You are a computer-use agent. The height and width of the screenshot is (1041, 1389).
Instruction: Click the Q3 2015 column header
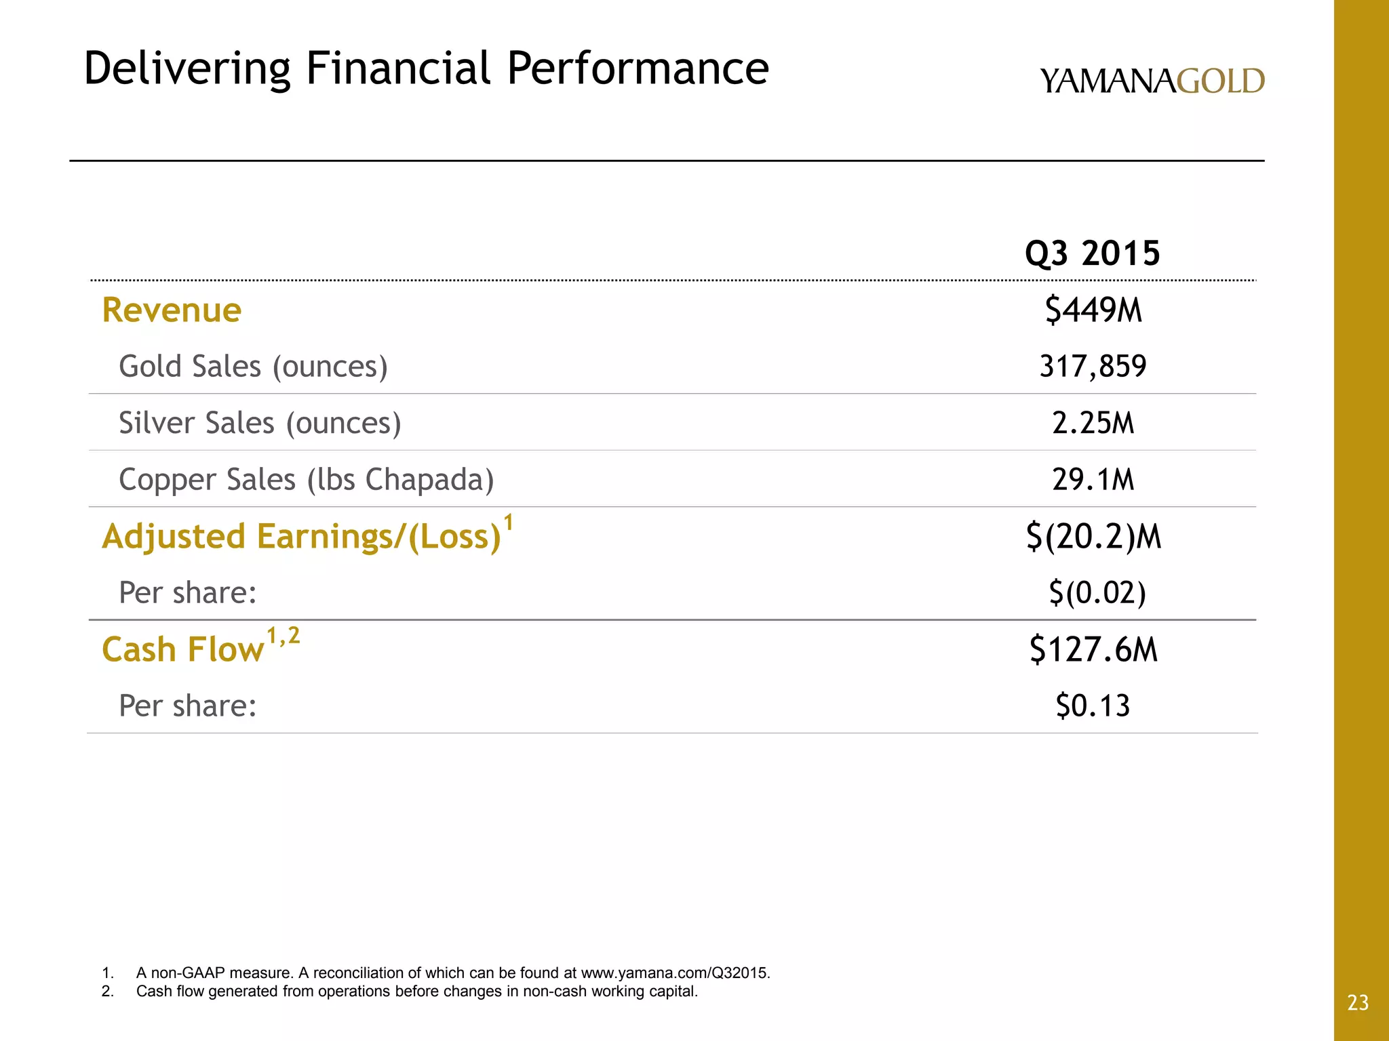pyautogui.click(x=1093, y=253)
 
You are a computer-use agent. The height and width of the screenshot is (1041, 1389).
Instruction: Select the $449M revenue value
pyautogui.click(x=1093, y=310)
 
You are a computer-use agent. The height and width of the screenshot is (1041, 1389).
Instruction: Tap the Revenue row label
pyautogui.click(x=172, y=310)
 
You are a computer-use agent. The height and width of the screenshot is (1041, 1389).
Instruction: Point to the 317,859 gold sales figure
pyautogui.click(x=1093, y=367)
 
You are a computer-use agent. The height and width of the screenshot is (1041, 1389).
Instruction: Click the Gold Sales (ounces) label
pyautogui.click(x=253, y=367)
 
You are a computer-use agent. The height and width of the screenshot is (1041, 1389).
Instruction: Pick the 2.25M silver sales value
pyautogui.click(x=1093, y=423)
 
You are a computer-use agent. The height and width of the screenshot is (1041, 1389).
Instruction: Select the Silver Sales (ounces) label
pyautogui.click(x=260, y=423)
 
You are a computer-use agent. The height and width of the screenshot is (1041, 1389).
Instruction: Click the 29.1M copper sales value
pyautogui.click(x=1093, y=480)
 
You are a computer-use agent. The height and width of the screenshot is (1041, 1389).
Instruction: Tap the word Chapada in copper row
pyautogui.click(x=429, y=480)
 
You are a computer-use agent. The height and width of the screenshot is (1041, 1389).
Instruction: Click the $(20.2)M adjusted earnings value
pyautogui.click(x=1093, y=536)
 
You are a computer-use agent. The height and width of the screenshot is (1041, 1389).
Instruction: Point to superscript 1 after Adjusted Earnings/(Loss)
pyautogui.click(x=509, y=523)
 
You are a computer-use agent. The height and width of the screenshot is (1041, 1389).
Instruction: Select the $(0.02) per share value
pyautogui.click(x=1097, y=593)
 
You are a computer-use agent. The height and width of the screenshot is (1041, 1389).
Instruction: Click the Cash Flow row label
pyautogui.click(x=182, y=649)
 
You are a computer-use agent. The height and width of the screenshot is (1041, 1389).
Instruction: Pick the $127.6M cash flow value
pyautogui.click(x=1093, y=649)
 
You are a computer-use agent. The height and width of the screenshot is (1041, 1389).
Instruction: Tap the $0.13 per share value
pyautogui.click(x=1093, y=706)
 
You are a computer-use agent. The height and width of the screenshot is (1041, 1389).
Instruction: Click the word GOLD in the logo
pyautogui.click(x=1221, y=81)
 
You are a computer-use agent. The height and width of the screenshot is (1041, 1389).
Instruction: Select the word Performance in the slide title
pyautogui.click(x=638, y=69)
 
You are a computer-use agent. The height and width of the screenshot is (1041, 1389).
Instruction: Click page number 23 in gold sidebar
pyautogui.click(x=1358, y=1003)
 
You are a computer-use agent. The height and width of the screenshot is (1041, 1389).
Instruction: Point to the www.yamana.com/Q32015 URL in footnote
pyautogui.click(x=676, y=973)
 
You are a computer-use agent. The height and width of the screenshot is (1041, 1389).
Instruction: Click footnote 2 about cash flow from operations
pyautogui.click(x=416, y=992)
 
